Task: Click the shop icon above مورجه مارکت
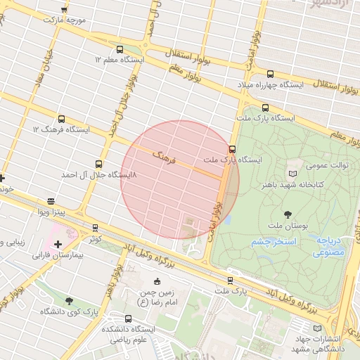(65, 9)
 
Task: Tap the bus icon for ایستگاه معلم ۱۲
(119, 50)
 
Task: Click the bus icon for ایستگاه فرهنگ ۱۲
(61, 119)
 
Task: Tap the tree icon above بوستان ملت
(287, 214)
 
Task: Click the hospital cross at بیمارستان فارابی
(58, 243)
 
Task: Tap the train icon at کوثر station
(96, 228)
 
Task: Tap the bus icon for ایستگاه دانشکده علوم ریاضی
(128, 319)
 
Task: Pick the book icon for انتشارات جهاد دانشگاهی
(316, 328)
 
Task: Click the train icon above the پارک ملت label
(230, 281)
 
